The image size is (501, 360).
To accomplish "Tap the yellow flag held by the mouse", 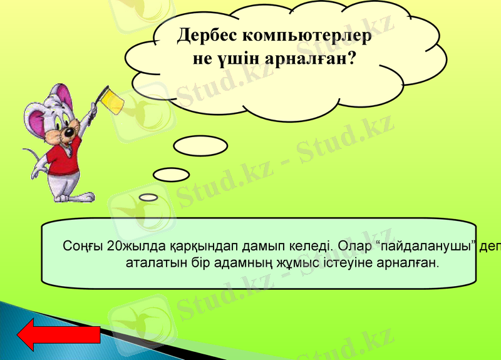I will tap(113, 100).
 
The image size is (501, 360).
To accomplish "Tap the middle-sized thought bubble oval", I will tap(171, 174).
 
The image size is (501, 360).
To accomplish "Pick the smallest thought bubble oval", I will tap(148, 197).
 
